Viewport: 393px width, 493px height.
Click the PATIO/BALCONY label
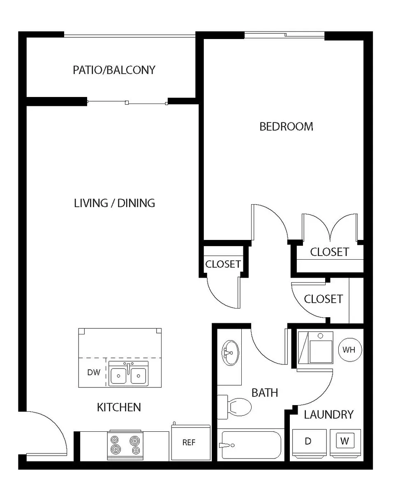(114, 70)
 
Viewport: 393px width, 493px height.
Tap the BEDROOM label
(286, 126)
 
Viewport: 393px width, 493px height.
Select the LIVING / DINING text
(114, 203)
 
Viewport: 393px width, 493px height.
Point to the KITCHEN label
(119, 407)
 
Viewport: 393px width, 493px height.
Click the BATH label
(265, 392)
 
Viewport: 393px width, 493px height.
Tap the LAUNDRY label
(328, 415)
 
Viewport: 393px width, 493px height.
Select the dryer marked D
(309, 442)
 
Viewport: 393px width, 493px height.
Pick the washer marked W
(345, 442)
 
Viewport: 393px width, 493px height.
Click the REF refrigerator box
(189, 443)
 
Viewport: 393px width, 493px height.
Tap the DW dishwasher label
(93, 373)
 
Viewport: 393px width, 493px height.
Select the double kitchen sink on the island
(128, 374)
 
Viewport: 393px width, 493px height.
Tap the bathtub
(251, 445)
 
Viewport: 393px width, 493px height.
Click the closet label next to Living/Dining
(223, 264)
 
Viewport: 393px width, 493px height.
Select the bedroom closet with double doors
(329, 252)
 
